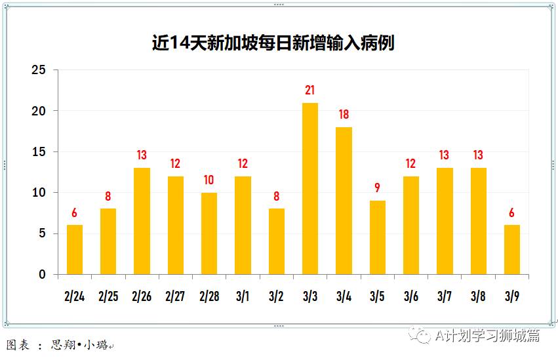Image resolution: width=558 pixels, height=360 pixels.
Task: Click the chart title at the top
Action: click(x=273, y=43)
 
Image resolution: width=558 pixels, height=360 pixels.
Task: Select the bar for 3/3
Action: click(x=310, y=189)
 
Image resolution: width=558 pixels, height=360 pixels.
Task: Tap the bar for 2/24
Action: click(x=75, y=250)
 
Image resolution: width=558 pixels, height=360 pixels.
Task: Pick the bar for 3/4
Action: click(x=344, y=201)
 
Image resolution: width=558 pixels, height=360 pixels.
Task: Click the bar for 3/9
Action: click(x=511, y=250)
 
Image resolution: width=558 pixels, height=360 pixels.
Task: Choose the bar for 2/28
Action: click(x=209, y=233)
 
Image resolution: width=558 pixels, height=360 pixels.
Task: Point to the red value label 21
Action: click(x=310, y=90)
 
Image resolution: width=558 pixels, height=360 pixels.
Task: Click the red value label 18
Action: click(x=344, y=115)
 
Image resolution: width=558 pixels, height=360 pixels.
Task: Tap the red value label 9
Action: click(x=377, y=188)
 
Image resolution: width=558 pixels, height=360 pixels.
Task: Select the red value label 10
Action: click(x=209, y=180)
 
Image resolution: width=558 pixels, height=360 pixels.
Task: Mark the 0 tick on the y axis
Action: click(x=43, y=275)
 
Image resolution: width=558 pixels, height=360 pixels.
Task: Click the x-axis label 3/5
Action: click(x=377, y=296)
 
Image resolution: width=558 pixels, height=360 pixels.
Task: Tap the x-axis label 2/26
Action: click(x=142, y=296)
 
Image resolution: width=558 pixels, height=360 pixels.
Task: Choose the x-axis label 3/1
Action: click(x=243, y=296)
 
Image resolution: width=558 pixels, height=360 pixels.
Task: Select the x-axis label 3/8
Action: click(x=478, y=296)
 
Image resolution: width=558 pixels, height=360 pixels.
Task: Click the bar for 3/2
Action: click(x=276, y=241)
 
